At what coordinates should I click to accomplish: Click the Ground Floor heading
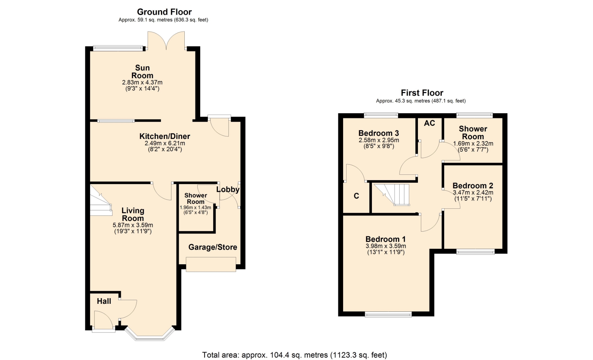click(x=164, y=12)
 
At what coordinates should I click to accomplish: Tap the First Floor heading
click(x=422, y=93)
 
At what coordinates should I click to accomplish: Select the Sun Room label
click(x=142, y=72)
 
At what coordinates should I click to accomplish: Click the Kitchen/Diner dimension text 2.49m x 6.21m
click(x=165, y=143)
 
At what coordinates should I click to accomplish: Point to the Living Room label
click(x=133, y=214)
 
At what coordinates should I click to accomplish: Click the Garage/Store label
click(x=213, y=247)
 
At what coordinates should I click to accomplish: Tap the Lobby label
click(x=228, y=190)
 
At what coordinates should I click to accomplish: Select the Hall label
click(x=104, y=301)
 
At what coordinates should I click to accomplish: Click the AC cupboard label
click(x=429, y=123)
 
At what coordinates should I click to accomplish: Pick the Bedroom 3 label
click(x=379, y=133)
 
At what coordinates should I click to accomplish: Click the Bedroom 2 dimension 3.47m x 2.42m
click(x=473, y=192)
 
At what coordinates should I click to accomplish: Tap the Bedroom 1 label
click(x=385, y=239)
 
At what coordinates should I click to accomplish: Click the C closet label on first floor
click(x=356, y=196)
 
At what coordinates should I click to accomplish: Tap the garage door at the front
click(x=211, y=264)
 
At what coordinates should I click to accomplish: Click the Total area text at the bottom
click(x=295, y=355)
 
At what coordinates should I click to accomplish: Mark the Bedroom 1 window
click(x=388, y=314)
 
